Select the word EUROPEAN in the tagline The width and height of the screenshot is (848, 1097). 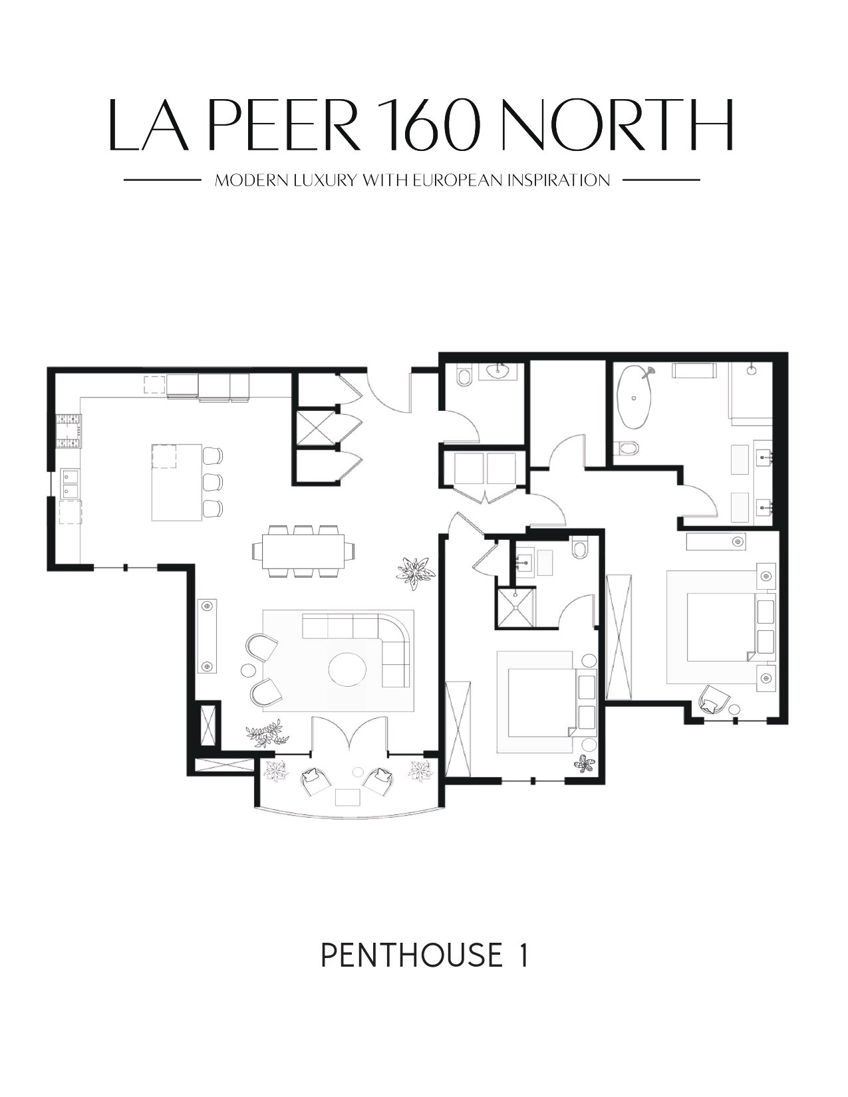[459, 180]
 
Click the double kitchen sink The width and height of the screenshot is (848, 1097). [70, 482]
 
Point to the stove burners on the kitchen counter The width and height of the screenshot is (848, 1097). [69, 431]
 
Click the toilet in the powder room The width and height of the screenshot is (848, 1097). [463, 377]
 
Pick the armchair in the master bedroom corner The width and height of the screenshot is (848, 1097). [714, 699]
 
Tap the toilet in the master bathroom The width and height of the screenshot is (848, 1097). [629, 448]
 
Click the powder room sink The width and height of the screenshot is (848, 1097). [499, 371]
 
